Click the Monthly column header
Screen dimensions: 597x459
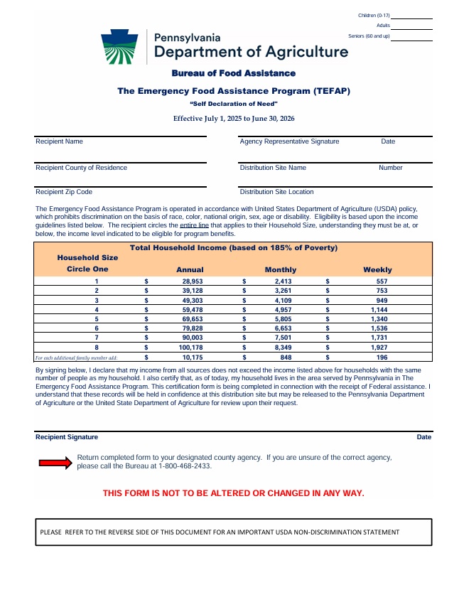(x=281, y=270)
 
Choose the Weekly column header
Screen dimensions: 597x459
(x=377, y=270)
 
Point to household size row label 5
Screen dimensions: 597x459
(x=97, y=319)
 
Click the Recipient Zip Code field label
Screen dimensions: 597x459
(x=64, y=192)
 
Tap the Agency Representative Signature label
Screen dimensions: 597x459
(x=290, y=141)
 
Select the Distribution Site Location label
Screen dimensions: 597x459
(x=277, y=192)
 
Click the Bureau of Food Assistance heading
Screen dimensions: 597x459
(x=233, y=73)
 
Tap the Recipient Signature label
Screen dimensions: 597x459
(x=67, y=437)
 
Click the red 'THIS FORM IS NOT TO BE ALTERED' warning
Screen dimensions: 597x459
(x=233, y=493)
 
